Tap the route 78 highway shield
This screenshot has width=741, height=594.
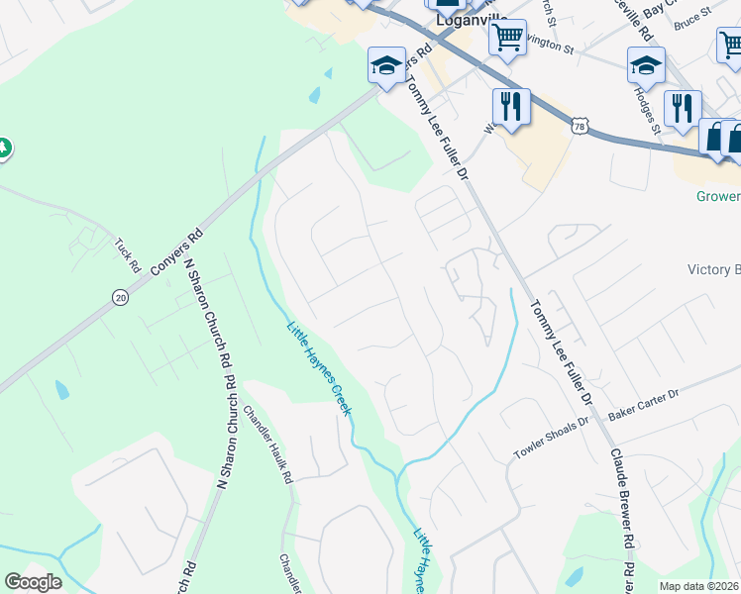point(581,125)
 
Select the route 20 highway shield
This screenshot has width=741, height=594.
point(120,298)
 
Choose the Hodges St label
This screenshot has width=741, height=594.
point(648,111)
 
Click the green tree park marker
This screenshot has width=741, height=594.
point(4,148)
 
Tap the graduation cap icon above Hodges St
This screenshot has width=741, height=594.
point(646,65)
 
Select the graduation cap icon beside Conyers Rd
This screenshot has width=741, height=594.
point(386,65)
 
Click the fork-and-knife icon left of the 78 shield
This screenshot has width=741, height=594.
point(511,106)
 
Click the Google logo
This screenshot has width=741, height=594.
point(33,582)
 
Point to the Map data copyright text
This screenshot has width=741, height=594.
point(699,586)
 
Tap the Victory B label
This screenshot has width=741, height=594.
point(713,269)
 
